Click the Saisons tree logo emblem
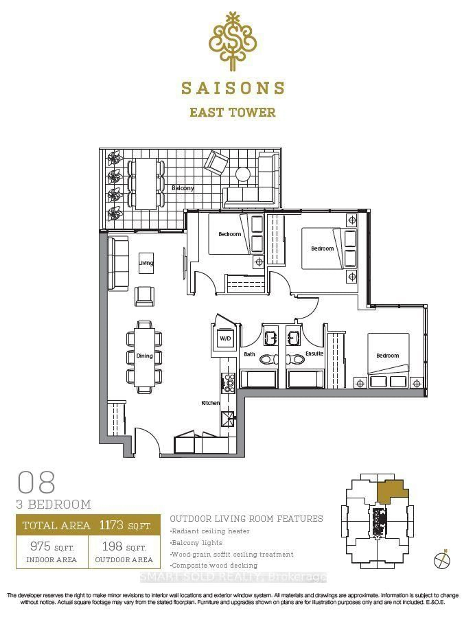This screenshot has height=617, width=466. tap(233, 42)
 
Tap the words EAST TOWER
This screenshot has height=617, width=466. tap(233, 112)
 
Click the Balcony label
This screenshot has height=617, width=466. tap(183, 188)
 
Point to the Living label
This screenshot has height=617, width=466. tap(146, 263)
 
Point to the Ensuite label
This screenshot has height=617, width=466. tap(314, 353)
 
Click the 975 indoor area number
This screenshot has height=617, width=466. tap(40, 546)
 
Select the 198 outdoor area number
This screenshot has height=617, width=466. tap(112, 546)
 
